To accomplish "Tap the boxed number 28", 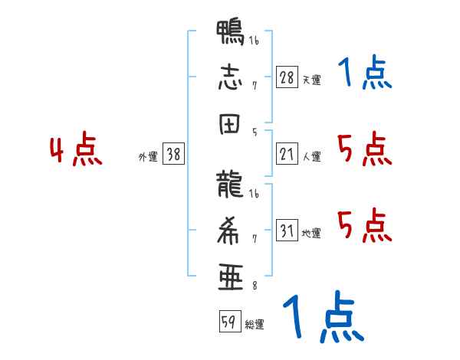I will (287, 77).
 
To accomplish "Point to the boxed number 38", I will (173, 155).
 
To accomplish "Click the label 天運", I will (311, 80).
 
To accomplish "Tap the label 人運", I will (311, 157).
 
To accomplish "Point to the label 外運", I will (147, 156).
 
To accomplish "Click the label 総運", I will (255, 325).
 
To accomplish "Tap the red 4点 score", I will (75, 151).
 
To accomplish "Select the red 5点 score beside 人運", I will (363, 149).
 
